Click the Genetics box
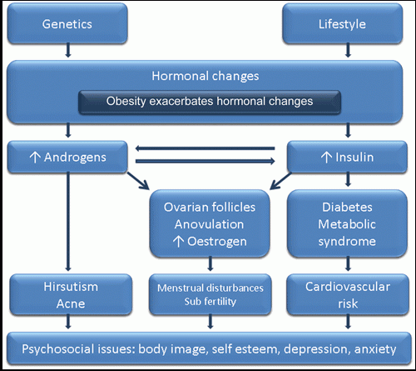[67, 23]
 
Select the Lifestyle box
[343, 23]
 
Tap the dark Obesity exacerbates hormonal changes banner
[210, 102]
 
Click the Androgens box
[67, 157]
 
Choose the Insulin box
[347, 157]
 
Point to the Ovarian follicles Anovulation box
[210, 223]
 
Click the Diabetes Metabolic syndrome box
[347, 223]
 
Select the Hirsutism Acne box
[71, 294]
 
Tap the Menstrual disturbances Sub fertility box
[210, 294]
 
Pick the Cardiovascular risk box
[348, 294]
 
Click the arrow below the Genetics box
[68, 50]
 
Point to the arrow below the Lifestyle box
[348, 50]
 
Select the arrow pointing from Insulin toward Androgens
[205, 148]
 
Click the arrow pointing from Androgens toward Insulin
[205, 161]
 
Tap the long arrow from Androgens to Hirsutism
[68, 222]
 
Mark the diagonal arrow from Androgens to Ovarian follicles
[138, 181]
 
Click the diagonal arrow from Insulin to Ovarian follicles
[280, 181]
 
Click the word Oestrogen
[217, 241]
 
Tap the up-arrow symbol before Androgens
[35, 158]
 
